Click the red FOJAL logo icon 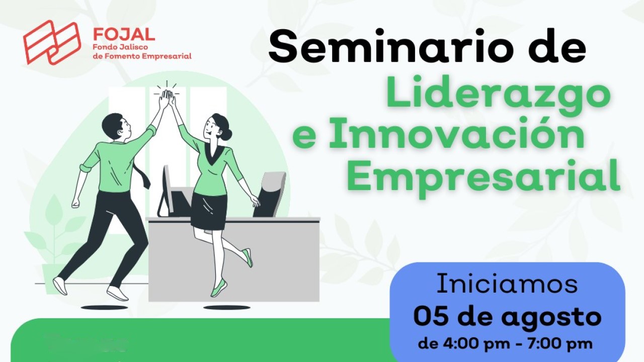tap(52, 42)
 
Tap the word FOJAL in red tap(124, 35)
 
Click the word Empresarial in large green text tap(483, 177)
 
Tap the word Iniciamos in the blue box tap(507, 284)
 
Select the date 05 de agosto tap(507, 317)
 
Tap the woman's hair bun tap(227, 134)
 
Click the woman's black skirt tap(209, 210)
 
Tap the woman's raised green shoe tap(248, 257)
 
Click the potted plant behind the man tap(55, 236)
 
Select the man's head tap(112, 126)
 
